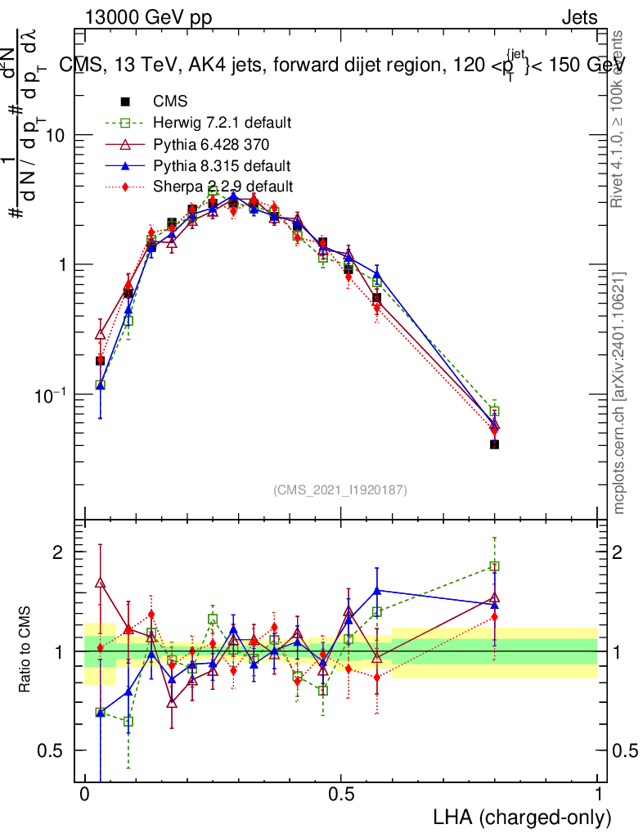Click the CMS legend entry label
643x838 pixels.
(170, 102)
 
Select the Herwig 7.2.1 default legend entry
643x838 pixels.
(222, 124)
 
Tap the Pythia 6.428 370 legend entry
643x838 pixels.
(210, 145)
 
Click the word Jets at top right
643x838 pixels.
(579, 17)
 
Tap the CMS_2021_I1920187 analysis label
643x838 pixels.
(340, 489)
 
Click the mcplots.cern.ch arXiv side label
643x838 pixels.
(621, 393)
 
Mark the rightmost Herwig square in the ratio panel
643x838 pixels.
(494, 565)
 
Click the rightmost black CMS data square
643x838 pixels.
(494, 444)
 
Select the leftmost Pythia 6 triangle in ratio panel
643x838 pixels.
(100, 583)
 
